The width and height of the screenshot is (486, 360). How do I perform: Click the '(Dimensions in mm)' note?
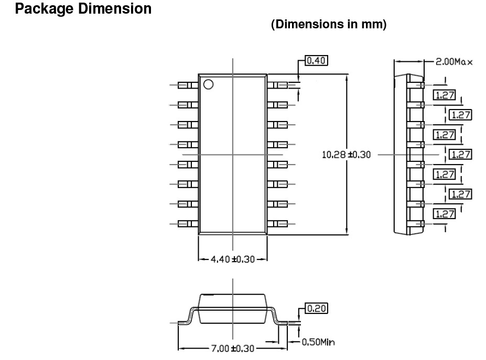tap(328, 25)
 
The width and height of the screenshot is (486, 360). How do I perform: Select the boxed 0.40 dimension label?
tap(316, 61)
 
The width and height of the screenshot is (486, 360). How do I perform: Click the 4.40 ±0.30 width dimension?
tap(232, 259)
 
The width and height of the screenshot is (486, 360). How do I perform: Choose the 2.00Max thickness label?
tap(453, 62)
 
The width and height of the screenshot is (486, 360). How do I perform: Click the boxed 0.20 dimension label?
tap(316, 308)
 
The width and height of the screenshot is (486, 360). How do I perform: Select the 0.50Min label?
tap(319, 343)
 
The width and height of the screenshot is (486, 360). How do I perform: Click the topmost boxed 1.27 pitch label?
tap(444, 95)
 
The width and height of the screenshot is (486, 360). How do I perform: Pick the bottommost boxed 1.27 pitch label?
tap(444, 213)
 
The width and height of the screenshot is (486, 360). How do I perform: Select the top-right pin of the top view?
tap(277, 84)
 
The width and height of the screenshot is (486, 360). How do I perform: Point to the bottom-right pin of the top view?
tap(277, 224)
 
